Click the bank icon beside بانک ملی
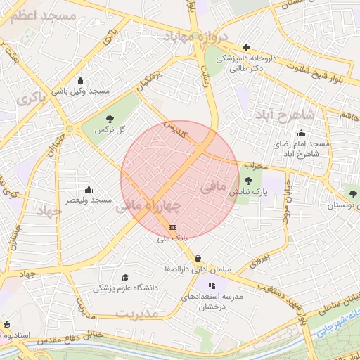tap(173, 227)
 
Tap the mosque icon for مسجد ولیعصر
tap(89, 189)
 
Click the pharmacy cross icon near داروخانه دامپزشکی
tap(246, 47)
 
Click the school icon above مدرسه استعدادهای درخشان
tap(212, 285)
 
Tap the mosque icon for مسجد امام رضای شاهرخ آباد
tap(302, 133)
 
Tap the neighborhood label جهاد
tap(49, 211)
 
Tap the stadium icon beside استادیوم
tap(7, 324)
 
